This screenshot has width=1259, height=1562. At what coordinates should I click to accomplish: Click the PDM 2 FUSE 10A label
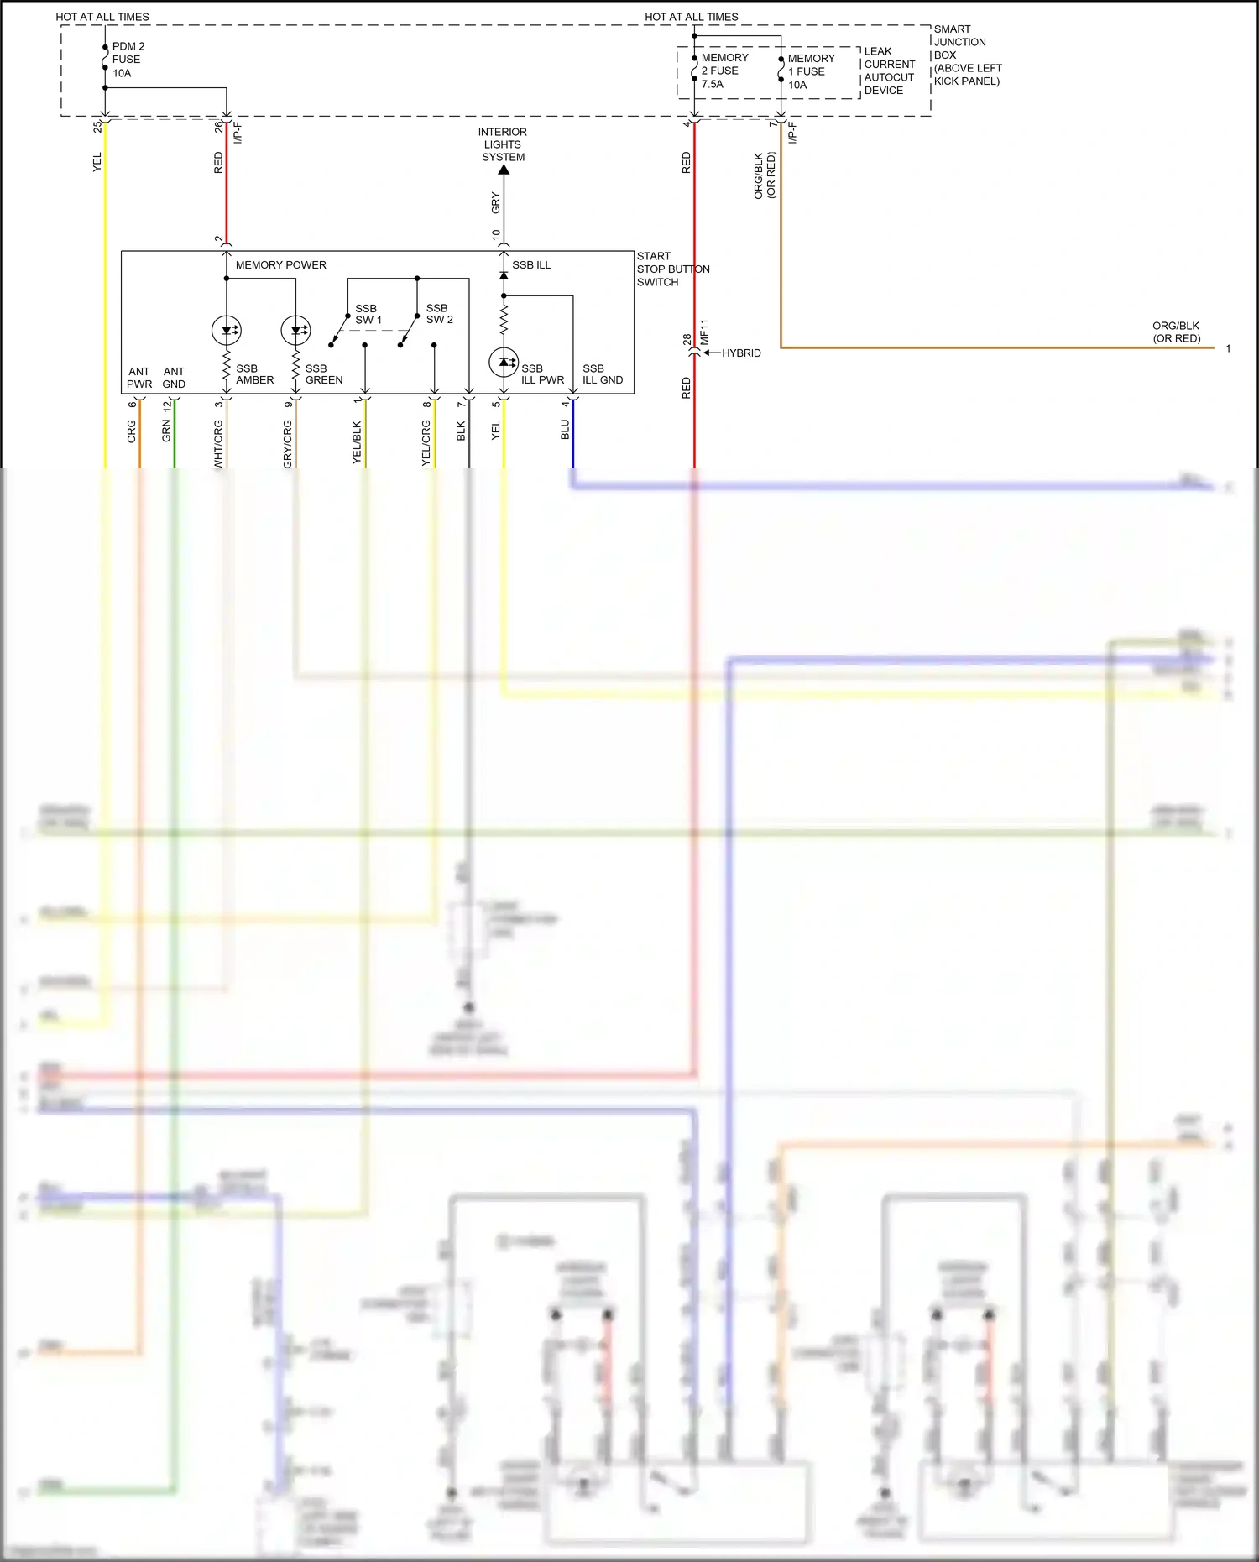click(128, 60)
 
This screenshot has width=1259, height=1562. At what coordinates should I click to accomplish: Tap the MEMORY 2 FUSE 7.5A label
click(724, 71)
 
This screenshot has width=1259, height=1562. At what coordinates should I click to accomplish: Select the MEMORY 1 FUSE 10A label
click(811, 71)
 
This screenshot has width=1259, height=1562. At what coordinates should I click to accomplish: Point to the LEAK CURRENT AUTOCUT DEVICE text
click(889, 71)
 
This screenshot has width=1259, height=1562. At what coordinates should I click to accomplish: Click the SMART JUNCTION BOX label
click(967, 55)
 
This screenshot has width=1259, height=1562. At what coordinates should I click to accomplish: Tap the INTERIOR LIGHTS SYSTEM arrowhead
click(504, 170)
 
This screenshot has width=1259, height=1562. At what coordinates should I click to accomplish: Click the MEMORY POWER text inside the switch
click(280, 264)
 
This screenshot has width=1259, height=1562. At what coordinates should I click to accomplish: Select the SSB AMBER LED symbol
click(227, 330)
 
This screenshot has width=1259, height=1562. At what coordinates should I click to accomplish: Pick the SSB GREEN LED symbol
click(295, 330)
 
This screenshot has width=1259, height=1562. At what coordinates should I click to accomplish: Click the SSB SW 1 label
click(368, 314)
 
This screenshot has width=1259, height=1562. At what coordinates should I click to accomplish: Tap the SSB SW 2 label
click(439, 314)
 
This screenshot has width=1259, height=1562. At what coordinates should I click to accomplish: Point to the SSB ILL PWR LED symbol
click(504, 363)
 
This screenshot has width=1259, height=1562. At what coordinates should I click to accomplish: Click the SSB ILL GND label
click(602, 374)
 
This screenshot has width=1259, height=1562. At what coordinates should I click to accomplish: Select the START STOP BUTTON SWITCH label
click(671, 269)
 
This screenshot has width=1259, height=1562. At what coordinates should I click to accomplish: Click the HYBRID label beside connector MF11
click(741, 353)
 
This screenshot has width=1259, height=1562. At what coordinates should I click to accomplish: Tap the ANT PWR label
click(139, 378)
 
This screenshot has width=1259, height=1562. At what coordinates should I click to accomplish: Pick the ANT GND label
click(174, 378)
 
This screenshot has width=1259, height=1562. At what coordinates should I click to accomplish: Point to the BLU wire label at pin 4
click(565, 430)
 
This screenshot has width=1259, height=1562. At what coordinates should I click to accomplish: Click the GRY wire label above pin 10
click(495, 201)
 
